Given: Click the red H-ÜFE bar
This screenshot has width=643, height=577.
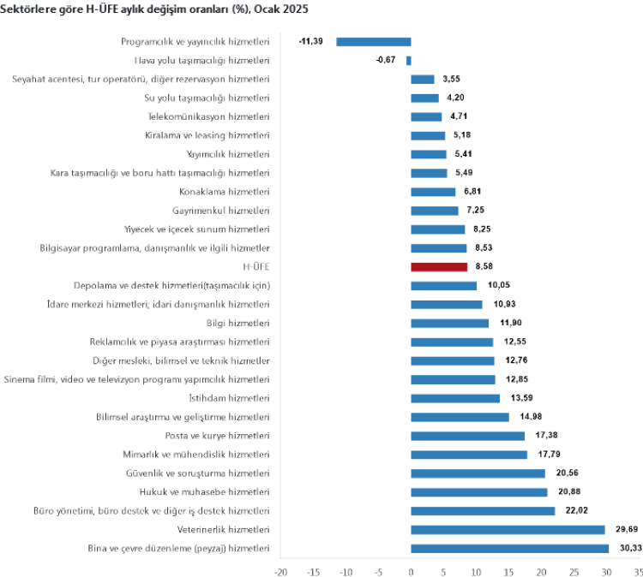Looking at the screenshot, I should click(440, 267).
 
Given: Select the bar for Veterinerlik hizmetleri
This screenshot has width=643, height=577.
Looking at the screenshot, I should click(508, 530).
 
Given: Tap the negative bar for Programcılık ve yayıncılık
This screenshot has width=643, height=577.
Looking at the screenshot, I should click(374, 41).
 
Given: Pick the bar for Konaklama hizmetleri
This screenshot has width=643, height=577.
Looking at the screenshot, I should click(434, 192).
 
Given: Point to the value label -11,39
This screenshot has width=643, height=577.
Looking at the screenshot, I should click(310, 41).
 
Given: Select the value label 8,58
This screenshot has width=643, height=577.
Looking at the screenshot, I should click(486, 267).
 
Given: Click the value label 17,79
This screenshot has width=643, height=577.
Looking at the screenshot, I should click(546, 455).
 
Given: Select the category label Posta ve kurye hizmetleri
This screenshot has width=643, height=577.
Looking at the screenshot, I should click(216, 436).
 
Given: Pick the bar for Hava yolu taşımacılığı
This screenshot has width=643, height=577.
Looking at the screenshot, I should click(409, 60).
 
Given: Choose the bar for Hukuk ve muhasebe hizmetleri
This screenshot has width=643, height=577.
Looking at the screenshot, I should click(479, 492).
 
